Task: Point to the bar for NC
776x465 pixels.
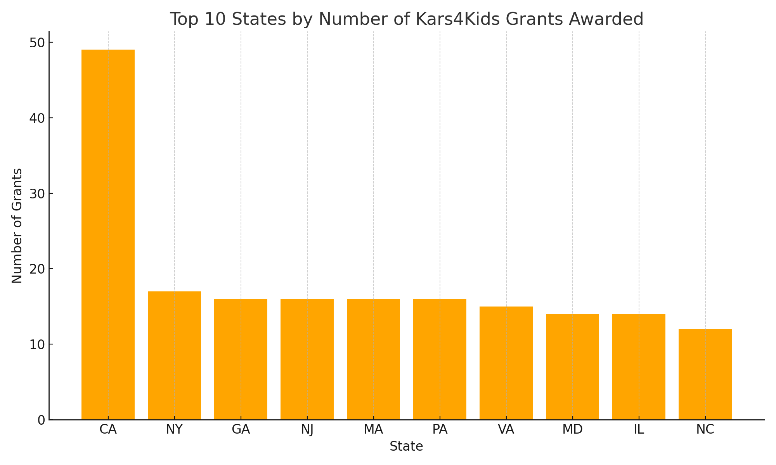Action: click(705, 374)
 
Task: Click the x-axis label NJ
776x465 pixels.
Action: click(307, 430)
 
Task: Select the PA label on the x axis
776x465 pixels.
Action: click(440, 430)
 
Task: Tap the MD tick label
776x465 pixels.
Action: click(572, 430)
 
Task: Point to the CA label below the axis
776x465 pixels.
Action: click(108, 430)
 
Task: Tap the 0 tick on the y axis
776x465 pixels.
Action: click(41, 420)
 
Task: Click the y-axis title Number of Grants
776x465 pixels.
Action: click(17, 226)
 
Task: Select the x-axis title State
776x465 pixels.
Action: click(406, 447)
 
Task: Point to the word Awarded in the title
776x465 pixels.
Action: click(606, 19)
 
